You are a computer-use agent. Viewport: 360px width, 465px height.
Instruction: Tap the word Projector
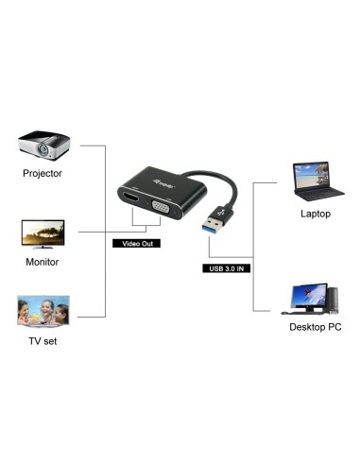tap(43, 174)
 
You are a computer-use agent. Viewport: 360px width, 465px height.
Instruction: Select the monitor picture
tap(43, 233)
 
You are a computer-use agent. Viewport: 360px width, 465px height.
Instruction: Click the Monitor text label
tap(42, 262)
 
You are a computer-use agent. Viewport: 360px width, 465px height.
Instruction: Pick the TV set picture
tap(43, 311)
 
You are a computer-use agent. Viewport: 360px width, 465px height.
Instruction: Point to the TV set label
tap(42, 340)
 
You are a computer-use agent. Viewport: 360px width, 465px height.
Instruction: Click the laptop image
tap(315, 181)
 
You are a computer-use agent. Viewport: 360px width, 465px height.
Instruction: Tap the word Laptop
tap(316, 214)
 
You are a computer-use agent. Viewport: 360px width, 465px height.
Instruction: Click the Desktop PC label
tap(316, 328)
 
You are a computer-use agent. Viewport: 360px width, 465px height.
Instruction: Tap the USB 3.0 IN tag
tap(227, 267)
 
